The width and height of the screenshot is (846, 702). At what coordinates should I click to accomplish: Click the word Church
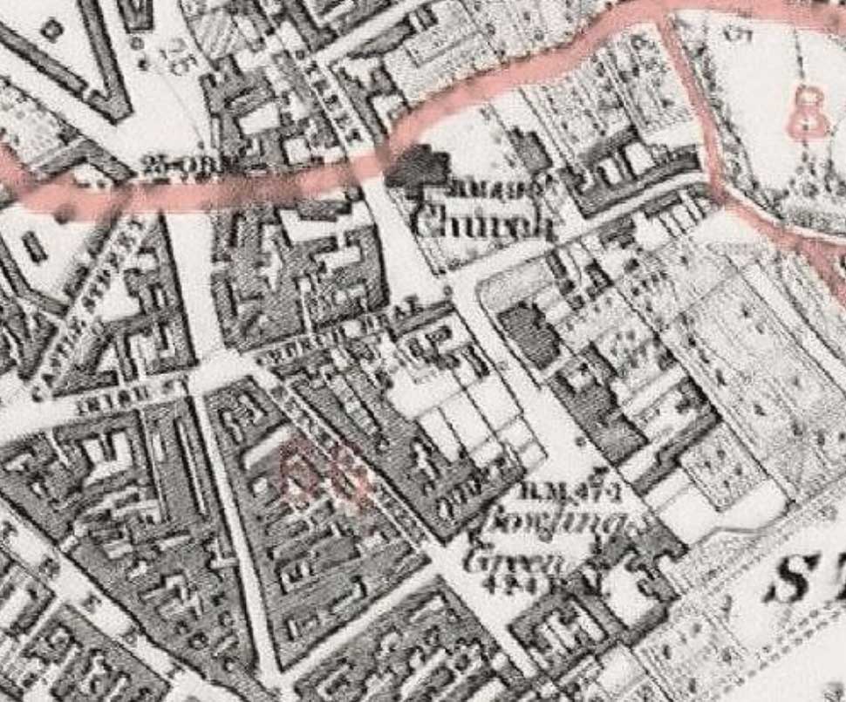coord(482,223)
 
